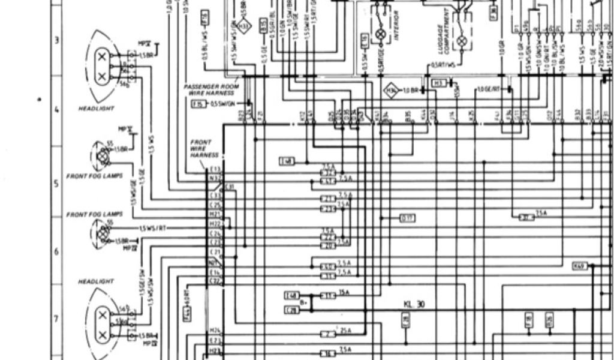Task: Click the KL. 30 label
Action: [x=413, y=304]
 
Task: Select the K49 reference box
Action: [x=579, y=266]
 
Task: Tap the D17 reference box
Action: [x=408, y=217]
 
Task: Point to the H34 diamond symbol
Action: [x=392, y=91]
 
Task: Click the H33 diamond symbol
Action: [x=242, y=26]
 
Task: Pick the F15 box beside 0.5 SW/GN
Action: [x=197, y=104]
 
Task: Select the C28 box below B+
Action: [x=292, y=310]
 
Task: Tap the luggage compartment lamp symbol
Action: [x=462, y=42]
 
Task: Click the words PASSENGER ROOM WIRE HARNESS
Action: [x=211, y=90]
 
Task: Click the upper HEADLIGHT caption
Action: [x=96, y=109]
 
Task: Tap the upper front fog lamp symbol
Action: [x=103, y=156]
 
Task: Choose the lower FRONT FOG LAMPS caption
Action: [x=94, y=214]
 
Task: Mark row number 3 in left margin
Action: [x=57, y=40]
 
